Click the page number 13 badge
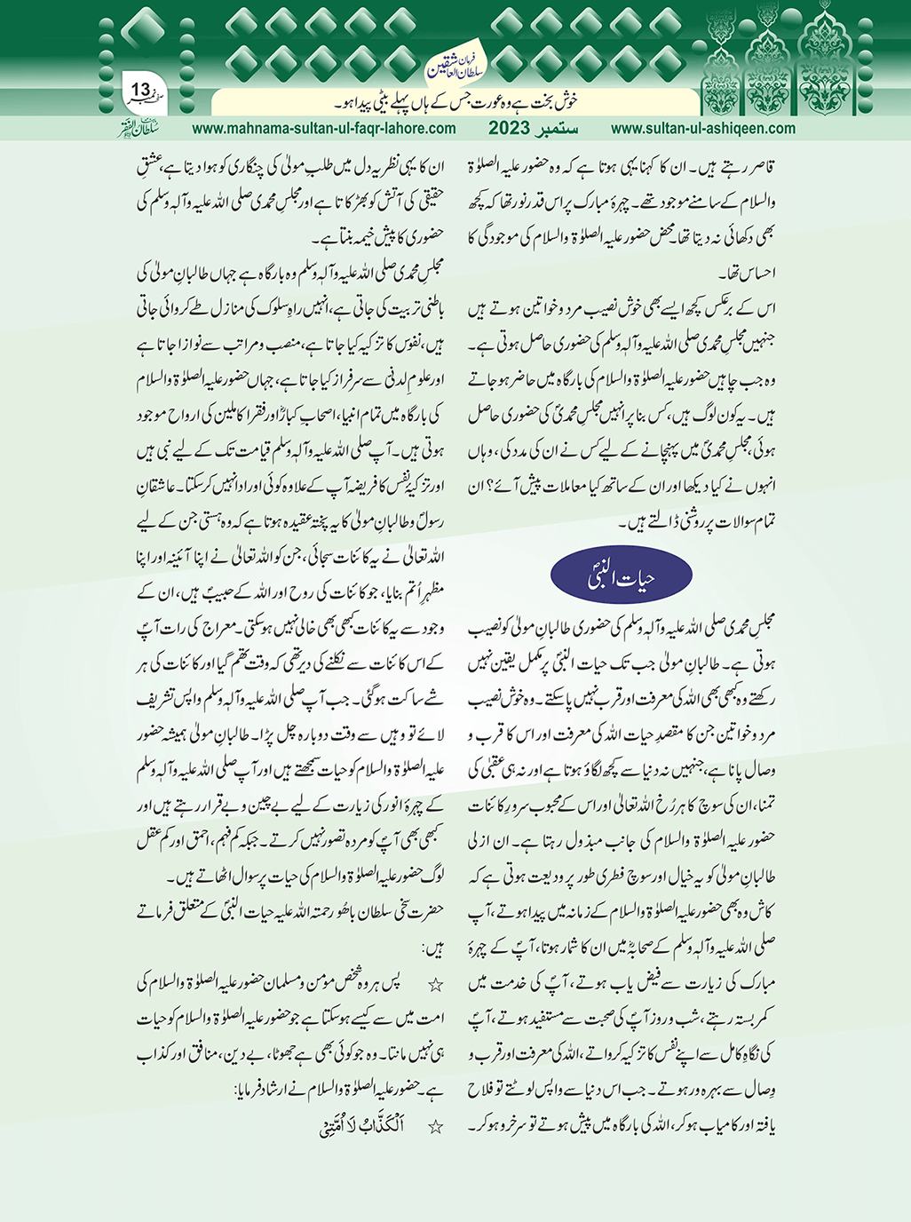click(x=142, y=91)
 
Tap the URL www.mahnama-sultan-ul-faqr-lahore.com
click(x=323, y=128)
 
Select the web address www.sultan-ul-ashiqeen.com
click(x=703, y=128)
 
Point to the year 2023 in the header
click(x=512, y=128)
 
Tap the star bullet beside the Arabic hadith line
click(x=435, y=1127)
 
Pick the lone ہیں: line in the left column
click(x=432, y=948)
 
